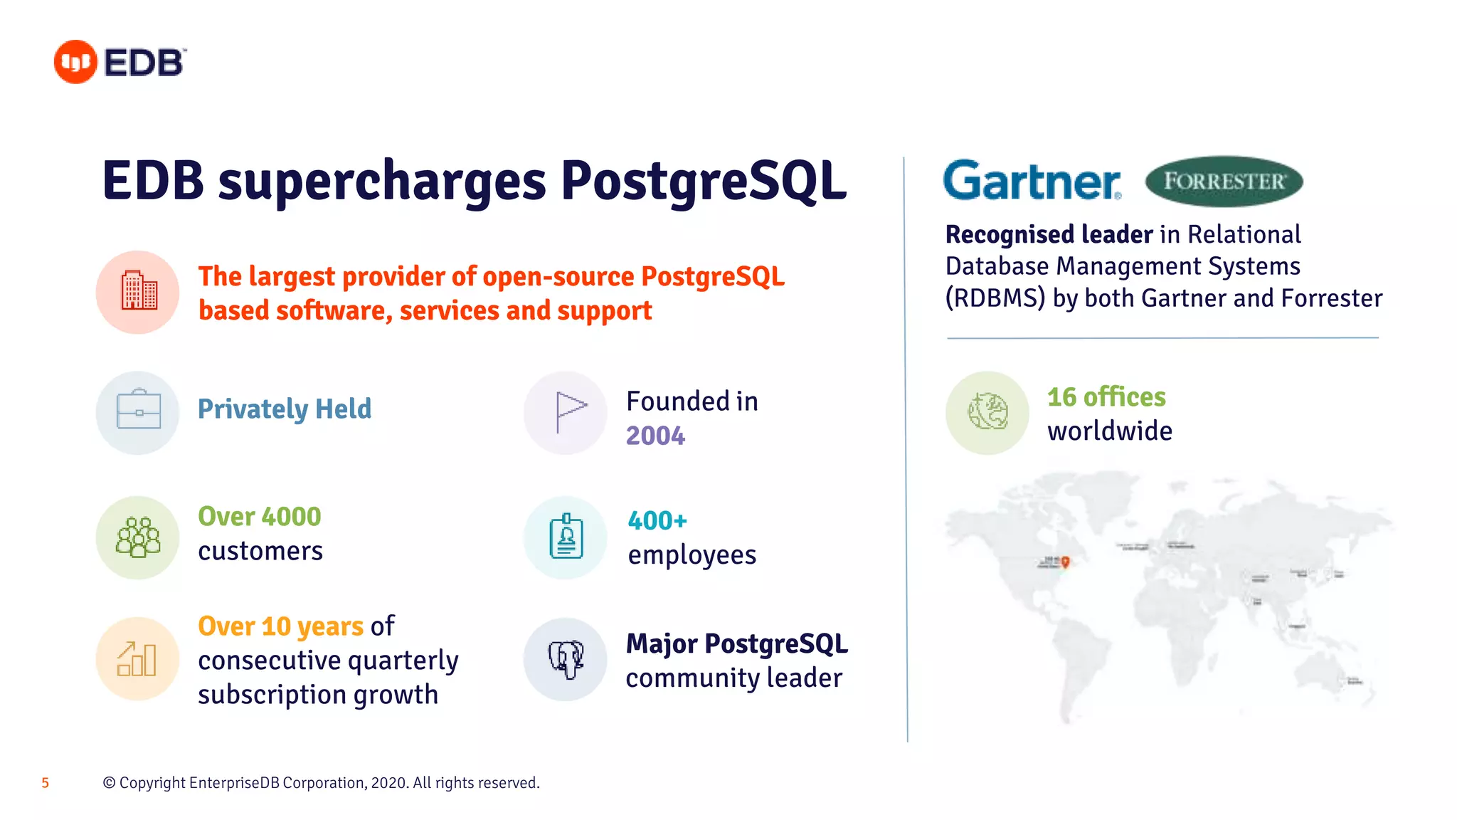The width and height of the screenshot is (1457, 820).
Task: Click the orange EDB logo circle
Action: coord(75,62)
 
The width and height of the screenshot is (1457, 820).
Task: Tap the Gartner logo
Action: coord(1032,181)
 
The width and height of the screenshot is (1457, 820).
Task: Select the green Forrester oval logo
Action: coord(1224,182)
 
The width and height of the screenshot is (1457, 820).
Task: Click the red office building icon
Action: coord(138,292)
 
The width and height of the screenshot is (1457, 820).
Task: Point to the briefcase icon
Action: coord(138,411)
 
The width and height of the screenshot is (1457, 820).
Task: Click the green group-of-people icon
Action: coord(138,537)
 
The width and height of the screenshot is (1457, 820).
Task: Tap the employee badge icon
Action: coord(566,537)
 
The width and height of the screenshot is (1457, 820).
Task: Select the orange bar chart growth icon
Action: coord(137,659)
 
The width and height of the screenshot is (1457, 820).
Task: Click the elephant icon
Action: coord(566,659)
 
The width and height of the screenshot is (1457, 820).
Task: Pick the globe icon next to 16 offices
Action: coord(987,412)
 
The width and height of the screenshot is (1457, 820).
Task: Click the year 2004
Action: coord(655,436)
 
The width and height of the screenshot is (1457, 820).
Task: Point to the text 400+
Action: coord(657,521)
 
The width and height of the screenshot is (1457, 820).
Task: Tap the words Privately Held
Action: coord(285,409)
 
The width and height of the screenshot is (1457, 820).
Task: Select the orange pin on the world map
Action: coord(1066,562)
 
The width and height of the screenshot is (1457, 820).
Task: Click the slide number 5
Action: coord(46,783)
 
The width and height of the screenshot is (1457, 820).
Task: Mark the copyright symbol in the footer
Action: coord(109,783)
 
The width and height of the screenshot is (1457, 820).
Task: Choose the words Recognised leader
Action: coord(1049,234)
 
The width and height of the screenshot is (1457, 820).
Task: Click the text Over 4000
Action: coord(260,517)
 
